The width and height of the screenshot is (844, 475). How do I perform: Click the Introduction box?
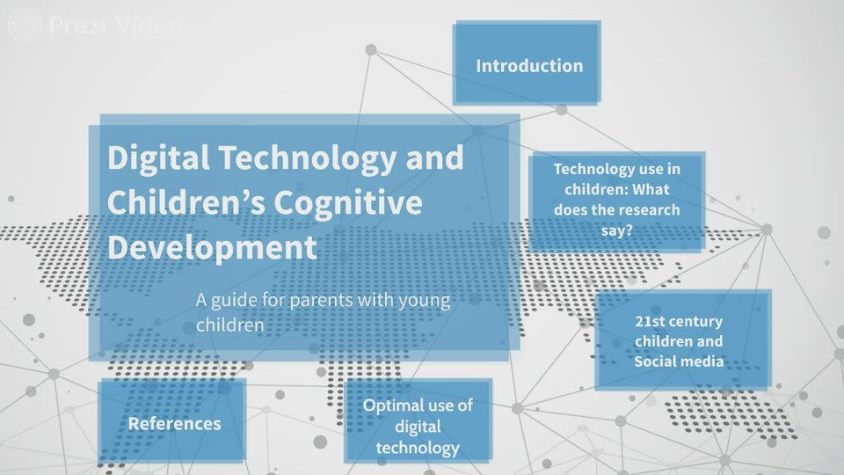pyautogui.click(x=527, y=65)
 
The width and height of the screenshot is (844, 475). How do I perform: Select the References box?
pyautogui.click(x=174, y=423)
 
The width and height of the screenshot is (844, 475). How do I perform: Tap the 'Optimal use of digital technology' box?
pyautogui.click(x=418, y=426)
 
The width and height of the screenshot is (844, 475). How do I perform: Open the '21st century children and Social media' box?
pyautogui.click(x=680, y=341)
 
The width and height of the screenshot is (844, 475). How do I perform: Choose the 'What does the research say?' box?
pyautogui.click(x=615, y=200)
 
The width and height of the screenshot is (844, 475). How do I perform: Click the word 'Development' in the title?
pyautogui.click(x=211, y=247)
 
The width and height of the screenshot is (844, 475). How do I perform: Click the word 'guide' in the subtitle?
pyautogui.click(x=235, y=300)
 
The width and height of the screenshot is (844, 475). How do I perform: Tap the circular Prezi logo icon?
pyautogui.click(x=25, y=25)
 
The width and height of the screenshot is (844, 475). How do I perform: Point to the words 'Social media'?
pyautogui.click(x=679, y=362)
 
